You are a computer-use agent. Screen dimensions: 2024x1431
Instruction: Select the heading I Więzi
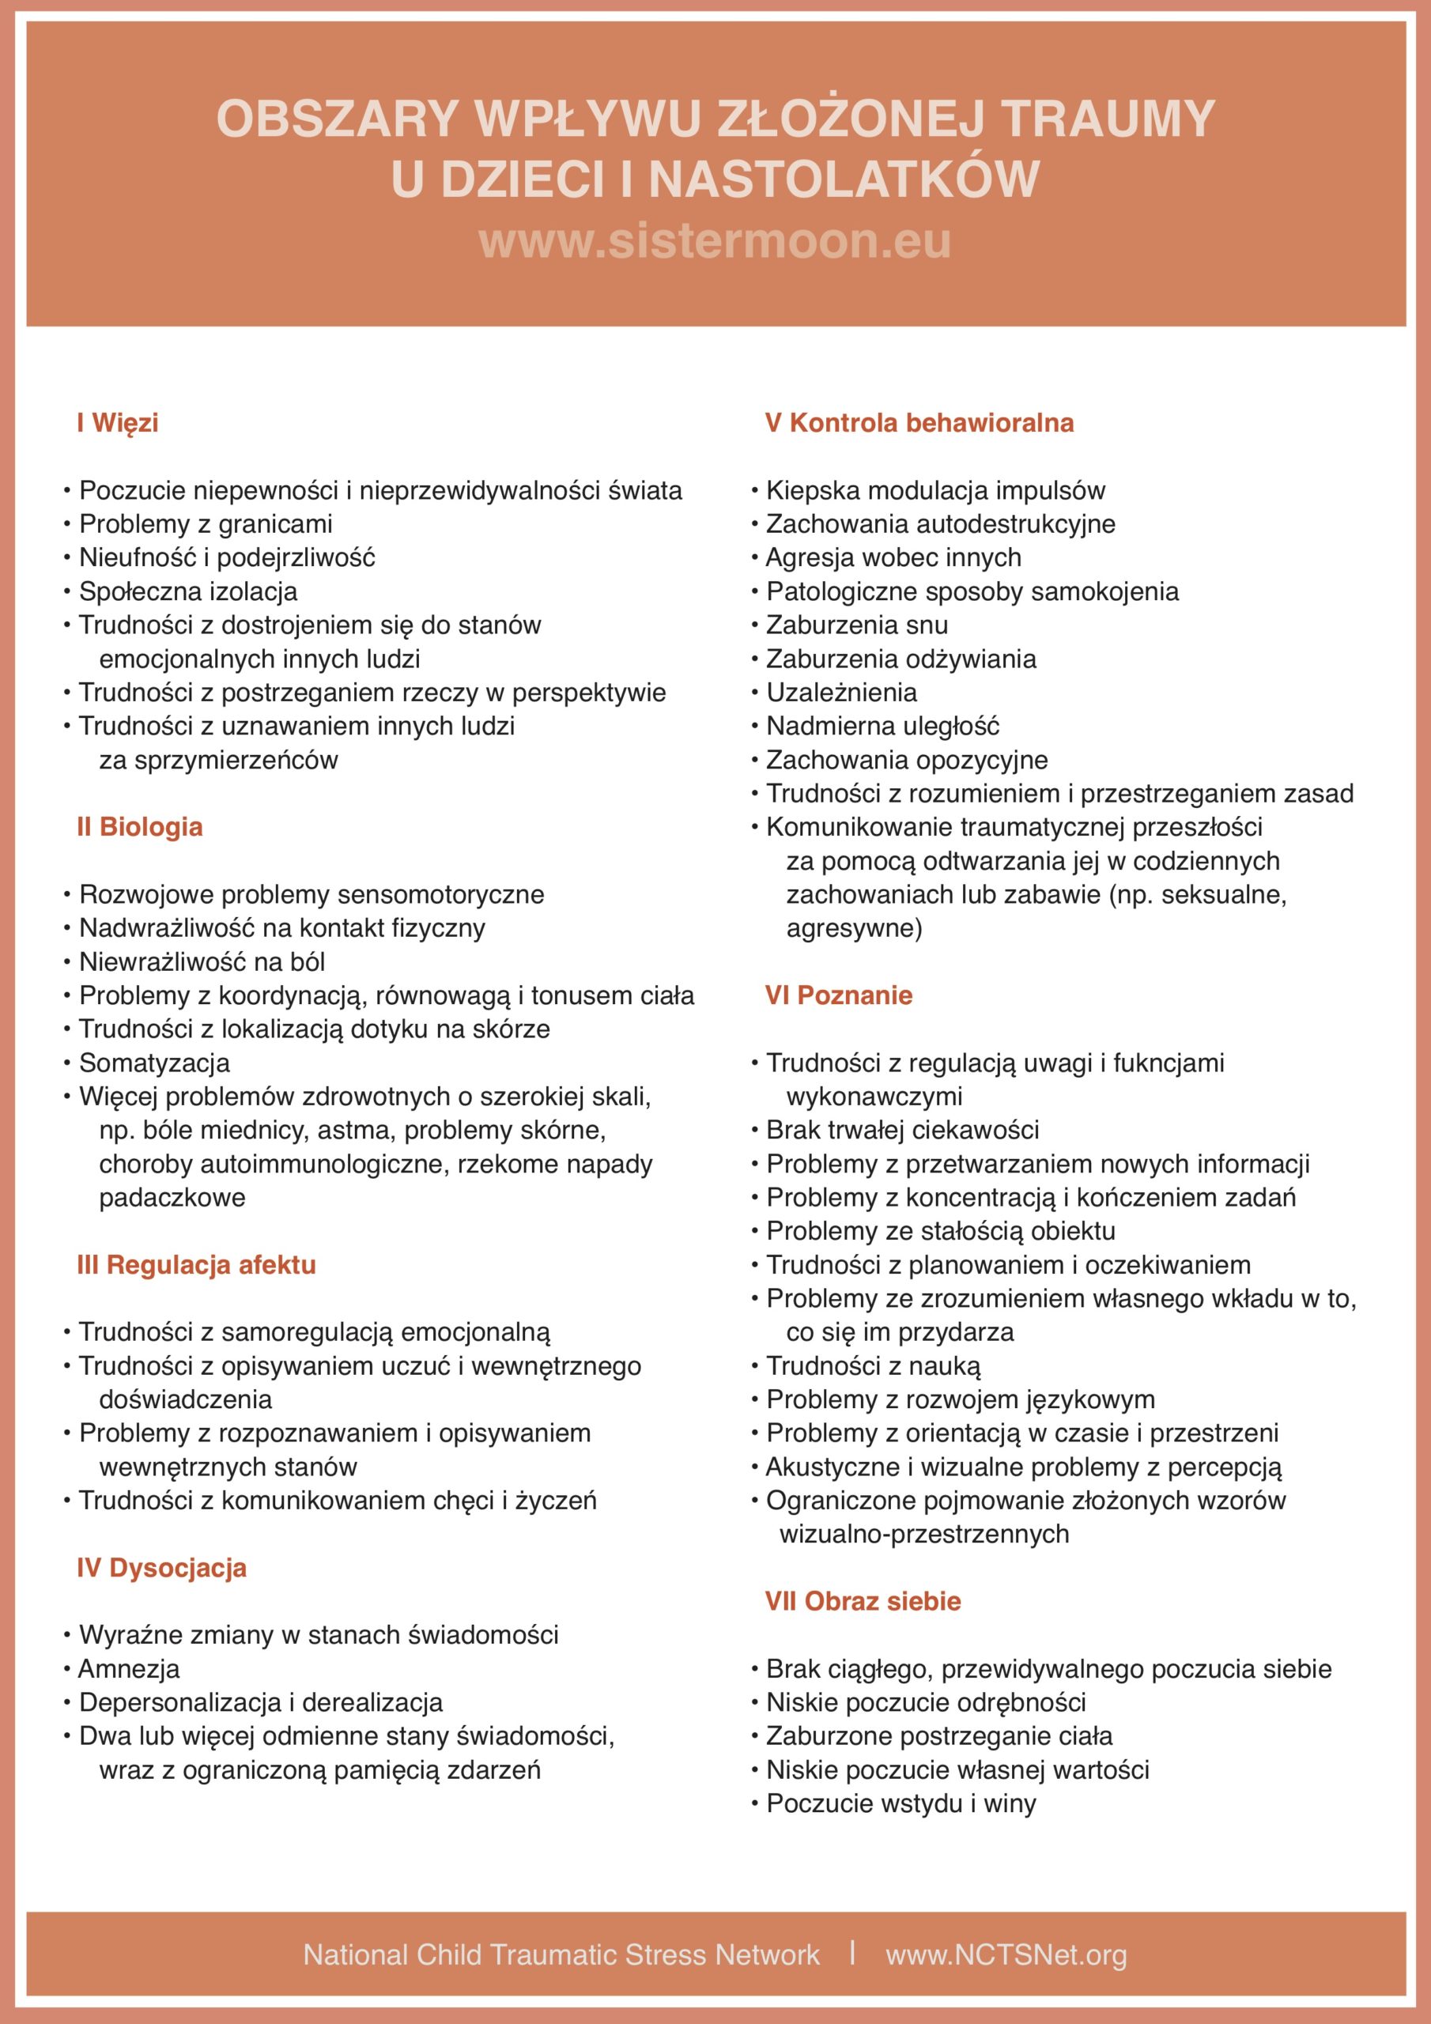117,423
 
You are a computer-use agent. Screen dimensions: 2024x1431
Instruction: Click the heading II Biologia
139,827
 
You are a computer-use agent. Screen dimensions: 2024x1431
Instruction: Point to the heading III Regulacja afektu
196,1265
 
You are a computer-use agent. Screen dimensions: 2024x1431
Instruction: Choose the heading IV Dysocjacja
161,1569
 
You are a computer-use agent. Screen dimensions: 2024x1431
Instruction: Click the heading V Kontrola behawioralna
919,423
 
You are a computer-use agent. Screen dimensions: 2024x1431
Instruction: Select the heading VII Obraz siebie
863,1602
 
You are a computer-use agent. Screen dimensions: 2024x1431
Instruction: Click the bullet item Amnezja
129,1669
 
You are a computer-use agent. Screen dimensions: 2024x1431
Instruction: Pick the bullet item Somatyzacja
154,1063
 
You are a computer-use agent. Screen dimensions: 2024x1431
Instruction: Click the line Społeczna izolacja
188,591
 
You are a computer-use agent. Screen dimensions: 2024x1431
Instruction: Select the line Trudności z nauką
873,1366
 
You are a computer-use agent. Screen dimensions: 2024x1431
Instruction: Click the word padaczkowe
172,1198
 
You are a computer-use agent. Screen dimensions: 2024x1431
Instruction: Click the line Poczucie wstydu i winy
901,1803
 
